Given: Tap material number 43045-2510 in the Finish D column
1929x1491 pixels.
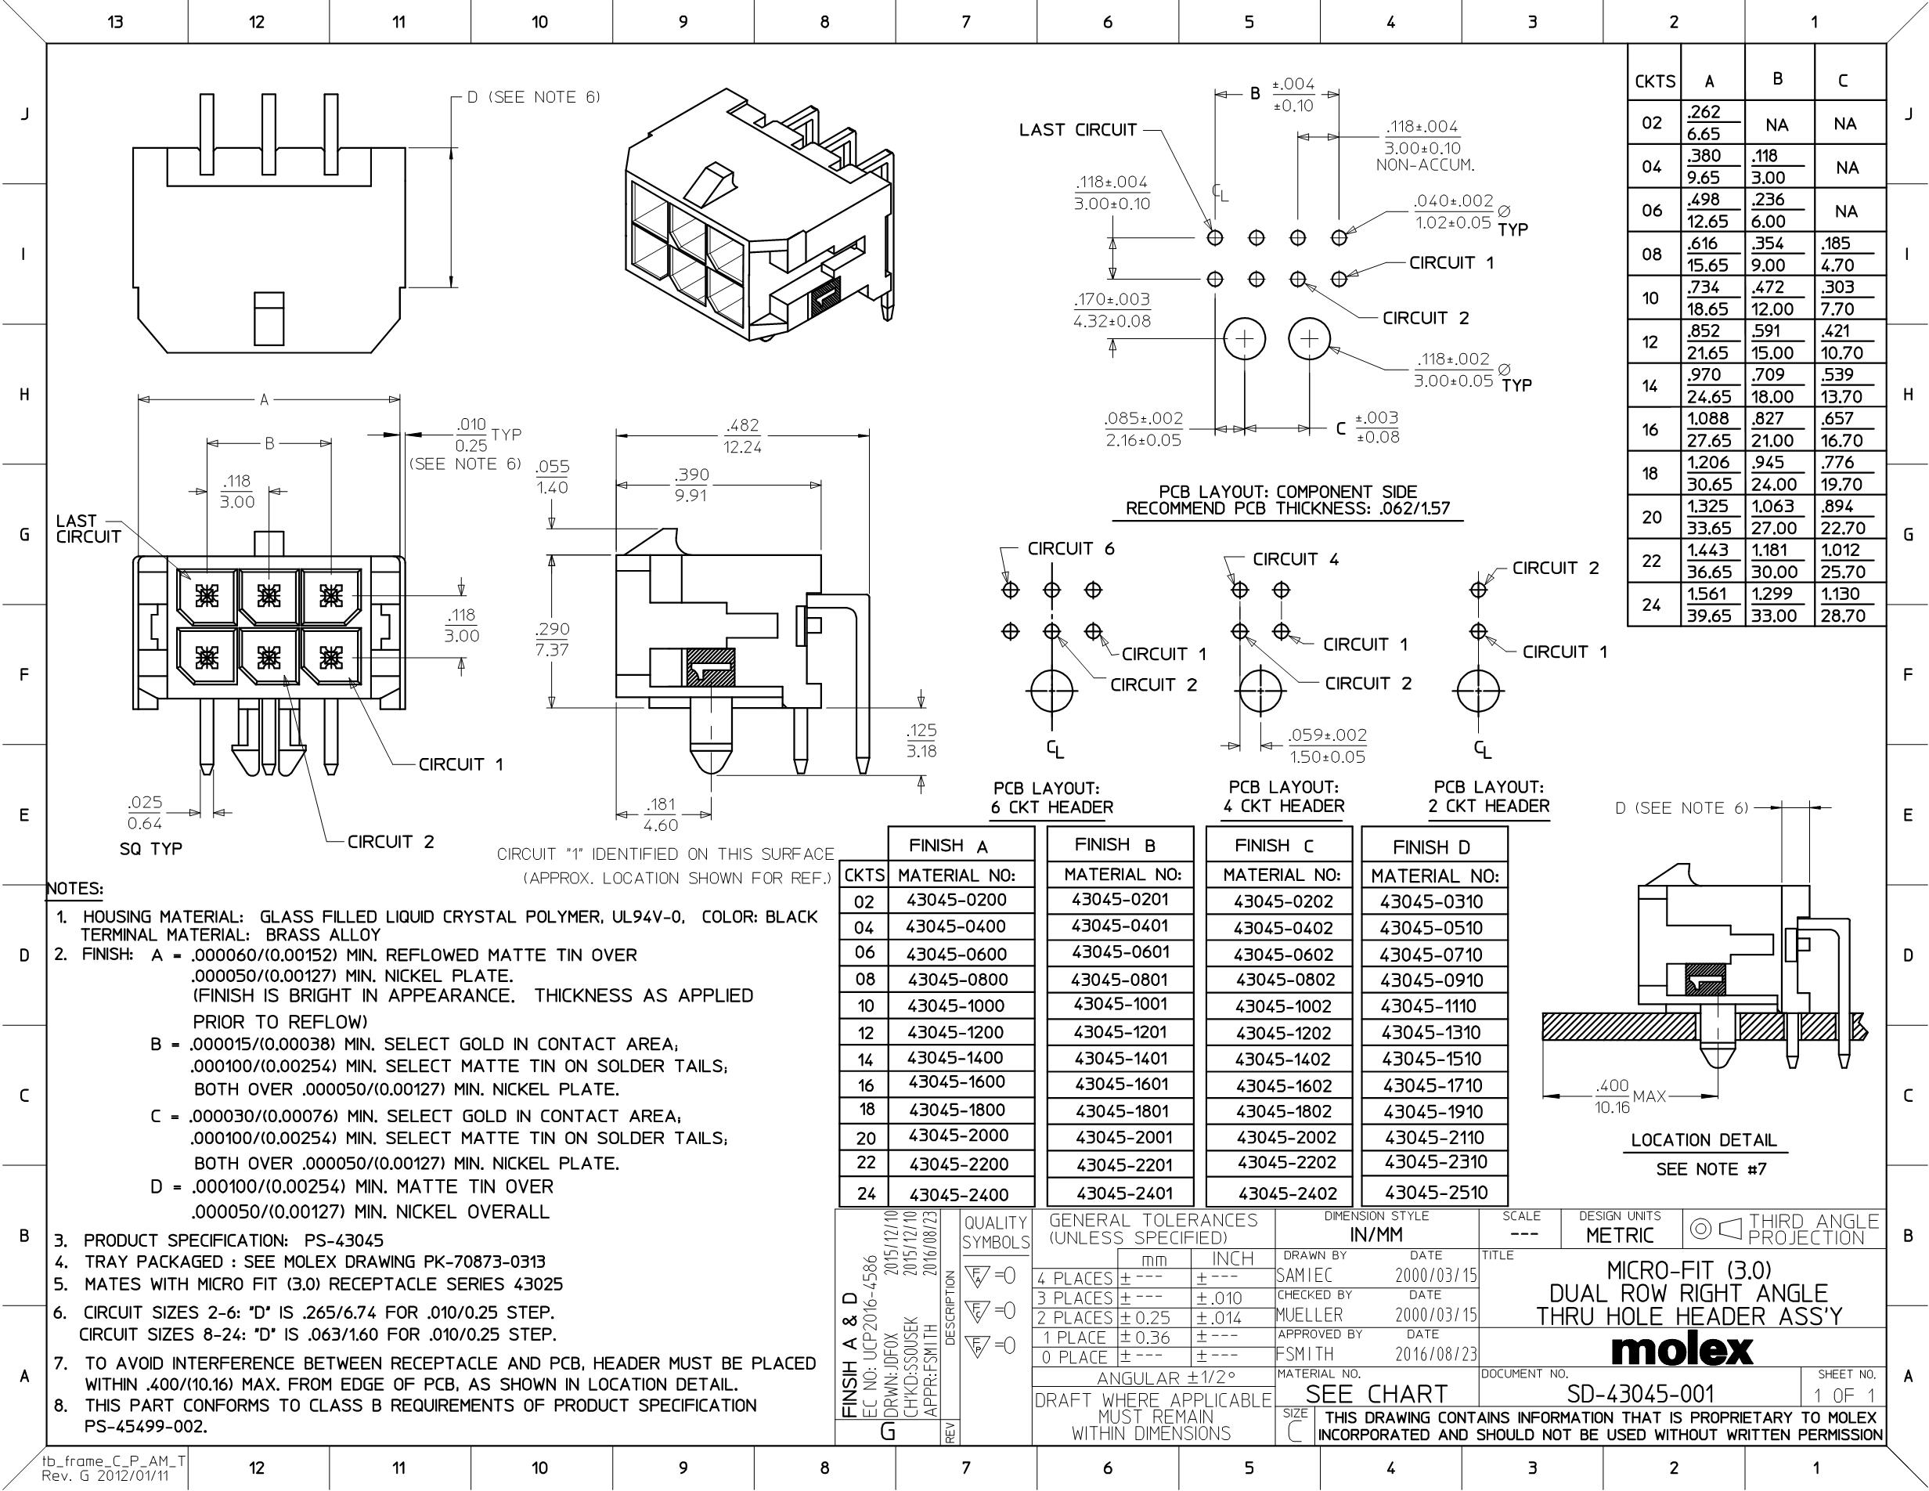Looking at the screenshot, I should point(1435,1192).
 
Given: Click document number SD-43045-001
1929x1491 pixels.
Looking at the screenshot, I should point(1640,1394).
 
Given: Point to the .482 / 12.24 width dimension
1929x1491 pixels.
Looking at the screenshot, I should point(742,435).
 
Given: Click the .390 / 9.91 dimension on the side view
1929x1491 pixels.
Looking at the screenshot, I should point(690,485).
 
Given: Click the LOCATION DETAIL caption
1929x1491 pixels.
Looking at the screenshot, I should point(1703,1140).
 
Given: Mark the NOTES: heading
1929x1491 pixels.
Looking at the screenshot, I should point(74,889).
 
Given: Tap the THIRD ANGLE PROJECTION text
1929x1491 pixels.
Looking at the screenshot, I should point(1812,1229).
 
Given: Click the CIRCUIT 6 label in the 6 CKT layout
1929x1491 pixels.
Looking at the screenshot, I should point(1070,548).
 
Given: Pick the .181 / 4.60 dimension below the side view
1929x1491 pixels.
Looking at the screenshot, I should point(660,814).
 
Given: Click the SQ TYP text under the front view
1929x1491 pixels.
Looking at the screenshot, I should point(150,849).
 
